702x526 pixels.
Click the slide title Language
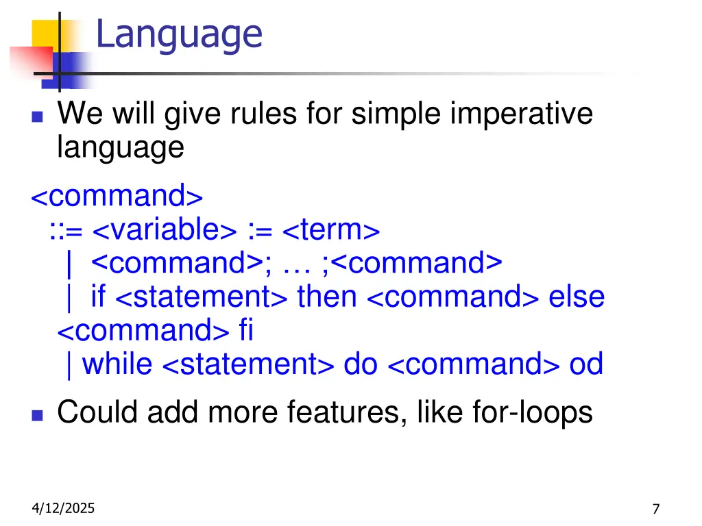click(179, 34)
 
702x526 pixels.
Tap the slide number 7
click(656, 509)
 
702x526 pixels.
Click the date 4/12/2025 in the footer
click(64, 508)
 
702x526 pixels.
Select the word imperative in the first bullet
click(521, 113)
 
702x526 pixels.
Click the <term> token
click(330, 230)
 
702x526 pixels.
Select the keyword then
click(327, 297)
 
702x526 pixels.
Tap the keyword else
click(576, 297)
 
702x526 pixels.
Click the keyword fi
click(246, 331)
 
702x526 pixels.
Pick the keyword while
click(117, 364)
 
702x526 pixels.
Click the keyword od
click(586, 364)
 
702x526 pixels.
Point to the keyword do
click(360, 364)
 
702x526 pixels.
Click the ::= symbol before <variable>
click(66, 231)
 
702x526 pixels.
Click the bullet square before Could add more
click(37, 415)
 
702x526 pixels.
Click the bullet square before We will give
click(37, 116)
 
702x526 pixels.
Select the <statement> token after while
click(248, 364)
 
